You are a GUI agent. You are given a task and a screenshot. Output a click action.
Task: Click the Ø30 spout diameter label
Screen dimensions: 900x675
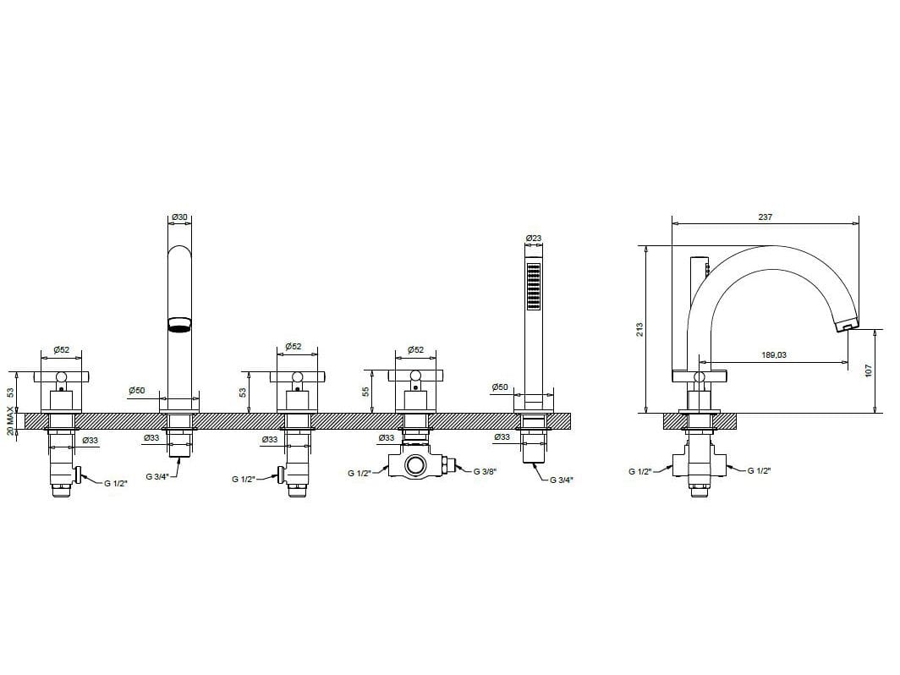pyautogui.click(x=179, y=217)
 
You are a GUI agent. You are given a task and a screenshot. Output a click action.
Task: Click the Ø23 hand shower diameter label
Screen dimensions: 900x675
pyautogui.click(x=533, y=239)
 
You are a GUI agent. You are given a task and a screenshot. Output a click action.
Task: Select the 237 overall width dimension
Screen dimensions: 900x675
pyautogui.click(x=766, y=217)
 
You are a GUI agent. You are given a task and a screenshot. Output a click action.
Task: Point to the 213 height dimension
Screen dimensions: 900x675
pyautogui.click(x=639, y=330)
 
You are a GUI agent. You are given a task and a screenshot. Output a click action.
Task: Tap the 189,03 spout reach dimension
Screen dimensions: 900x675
pyautogui.click(x=774, y=354)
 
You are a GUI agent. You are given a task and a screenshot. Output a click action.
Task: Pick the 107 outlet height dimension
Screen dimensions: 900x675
pyautogui.click(x=869, y=370)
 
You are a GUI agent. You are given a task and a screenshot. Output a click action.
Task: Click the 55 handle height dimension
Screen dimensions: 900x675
pyautogui.click(x=365, y=392)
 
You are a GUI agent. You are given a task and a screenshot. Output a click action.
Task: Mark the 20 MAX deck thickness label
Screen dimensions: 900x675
pyautogui.click(x=10, y=420)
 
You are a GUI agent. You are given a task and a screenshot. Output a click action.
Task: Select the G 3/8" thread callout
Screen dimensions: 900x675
pyautogui.click(x=485, y=472)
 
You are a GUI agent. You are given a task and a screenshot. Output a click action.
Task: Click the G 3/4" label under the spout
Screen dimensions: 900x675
pyautogui.click(x=157, y=476)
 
